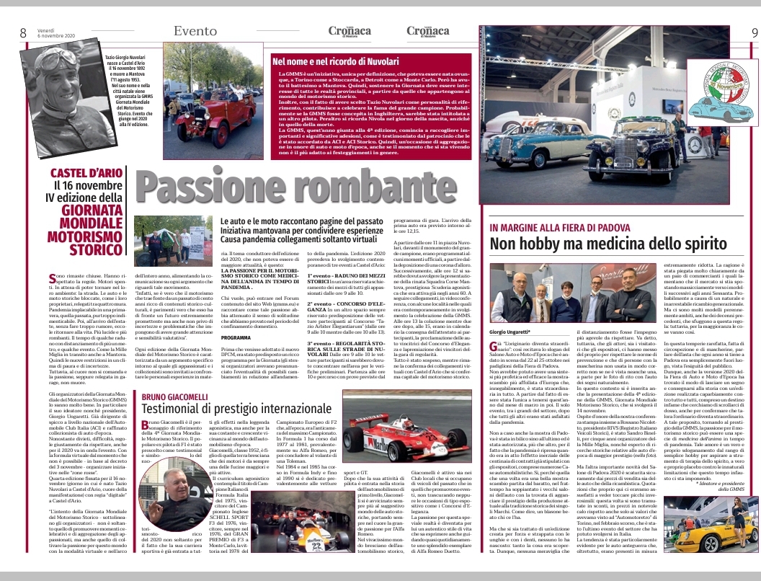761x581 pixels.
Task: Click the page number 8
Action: click(23, 32)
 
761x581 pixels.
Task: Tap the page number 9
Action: click(754, 32)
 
